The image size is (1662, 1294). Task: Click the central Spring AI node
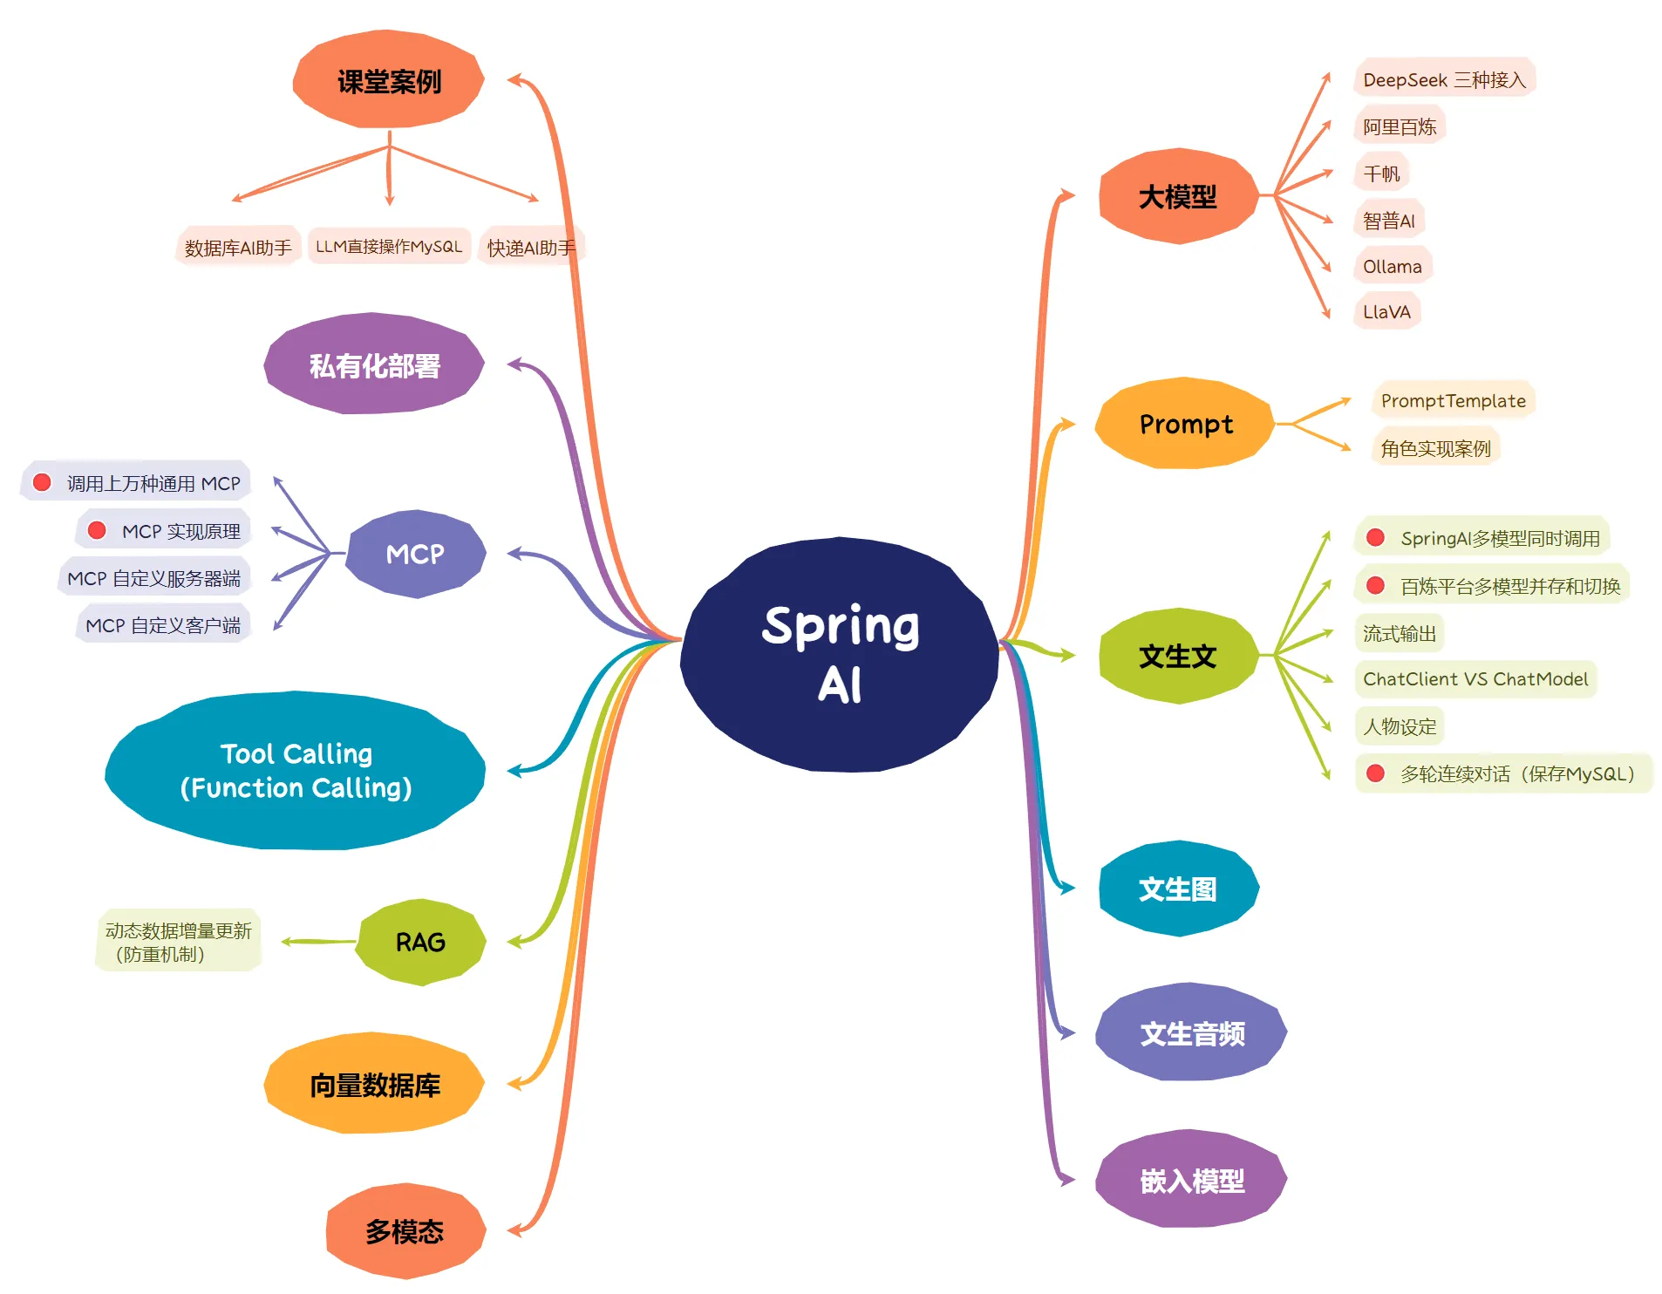click(839, 654)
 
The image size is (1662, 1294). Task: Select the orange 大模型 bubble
click(1178, 196)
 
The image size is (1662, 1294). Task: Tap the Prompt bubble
click(1185, 424)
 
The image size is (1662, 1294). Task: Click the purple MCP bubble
click(415, 554)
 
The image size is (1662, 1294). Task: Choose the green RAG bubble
click(420, 942)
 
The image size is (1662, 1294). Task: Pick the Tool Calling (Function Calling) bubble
click(296, 771)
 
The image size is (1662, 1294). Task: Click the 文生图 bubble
click(1178, 889)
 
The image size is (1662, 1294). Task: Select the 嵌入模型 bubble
click(1191, 1180)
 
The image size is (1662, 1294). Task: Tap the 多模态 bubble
click(405, 1231)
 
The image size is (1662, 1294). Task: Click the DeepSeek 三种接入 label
click(1444, 79)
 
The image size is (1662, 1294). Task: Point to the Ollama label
click(1393, 266)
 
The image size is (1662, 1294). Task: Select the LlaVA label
click(1386, 311)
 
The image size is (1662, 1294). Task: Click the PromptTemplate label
click(1453, 400)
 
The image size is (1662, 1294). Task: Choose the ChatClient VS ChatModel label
click(1475, 678)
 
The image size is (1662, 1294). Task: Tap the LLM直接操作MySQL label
click(389, 247)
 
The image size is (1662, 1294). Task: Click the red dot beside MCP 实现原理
click(97, 530)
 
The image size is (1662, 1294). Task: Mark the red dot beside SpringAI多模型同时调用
click(1375, 537)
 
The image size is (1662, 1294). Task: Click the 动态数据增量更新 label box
click(178, 942)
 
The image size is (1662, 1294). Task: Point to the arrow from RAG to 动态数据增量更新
click(318, 942)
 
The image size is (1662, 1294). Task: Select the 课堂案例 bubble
click(389, 80)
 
